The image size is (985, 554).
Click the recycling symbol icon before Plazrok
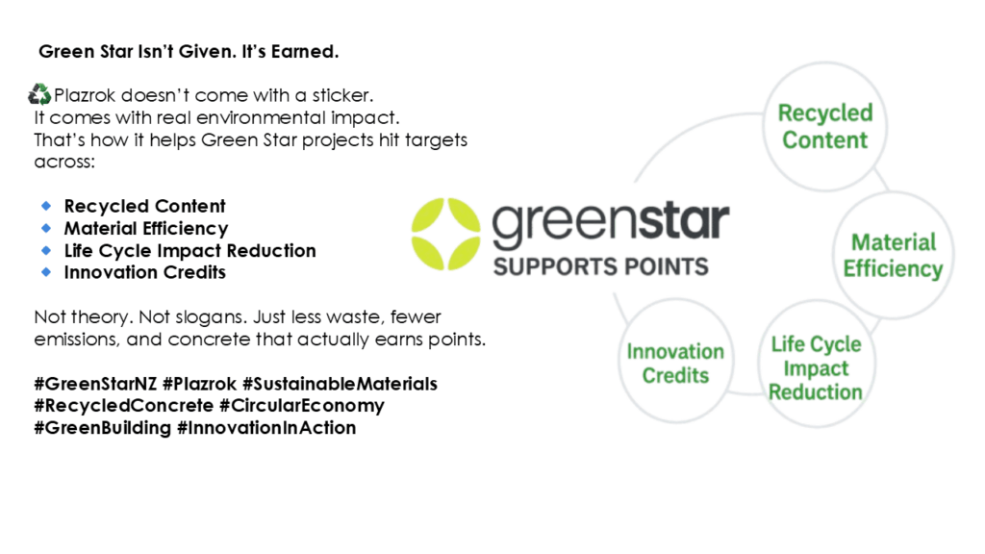click(x=38, y=94)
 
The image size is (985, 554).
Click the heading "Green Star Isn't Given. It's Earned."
click(x=189, y=52)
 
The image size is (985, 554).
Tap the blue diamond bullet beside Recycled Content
click(x=46, y=206)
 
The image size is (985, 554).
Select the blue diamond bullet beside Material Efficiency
click(x=46, y=227)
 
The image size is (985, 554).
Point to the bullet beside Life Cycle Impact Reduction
click(x=46, y=250)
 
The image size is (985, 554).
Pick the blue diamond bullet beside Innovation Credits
click(x=46, y=272)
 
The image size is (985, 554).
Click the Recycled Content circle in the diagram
click(x=824, y=126)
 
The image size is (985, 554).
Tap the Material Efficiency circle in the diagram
click(x=894, y=255)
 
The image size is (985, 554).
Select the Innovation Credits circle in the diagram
click(x=676, y=363)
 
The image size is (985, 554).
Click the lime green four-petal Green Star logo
click(x=446, y=234)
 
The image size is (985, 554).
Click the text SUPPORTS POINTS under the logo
click(x=600, y=267)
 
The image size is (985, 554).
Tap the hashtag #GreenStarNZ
click(x=95, y=384)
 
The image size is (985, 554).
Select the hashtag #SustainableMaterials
click(x=340, y=384)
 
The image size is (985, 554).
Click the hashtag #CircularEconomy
click(x=301, y=406)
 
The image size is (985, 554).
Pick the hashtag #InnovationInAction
click(x=266, y=428)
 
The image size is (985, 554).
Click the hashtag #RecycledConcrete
click(x=124, y=406)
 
